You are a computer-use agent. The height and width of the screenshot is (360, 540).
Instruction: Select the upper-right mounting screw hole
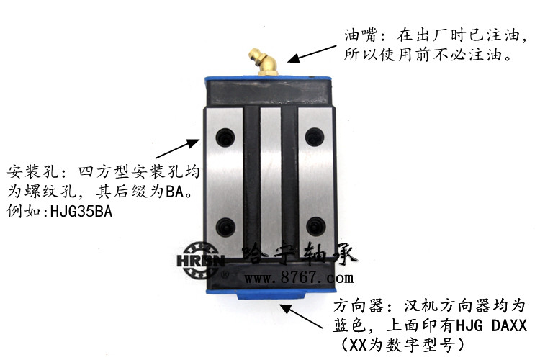pyautogui.click(x=313, y=134)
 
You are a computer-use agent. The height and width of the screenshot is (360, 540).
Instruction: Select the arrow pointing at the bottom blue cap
pyautogui.click(x=297, y=315)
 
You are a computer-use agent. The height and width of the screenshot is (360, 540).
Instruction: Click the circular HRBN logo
pyautogui.click(x=199, y=261)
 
